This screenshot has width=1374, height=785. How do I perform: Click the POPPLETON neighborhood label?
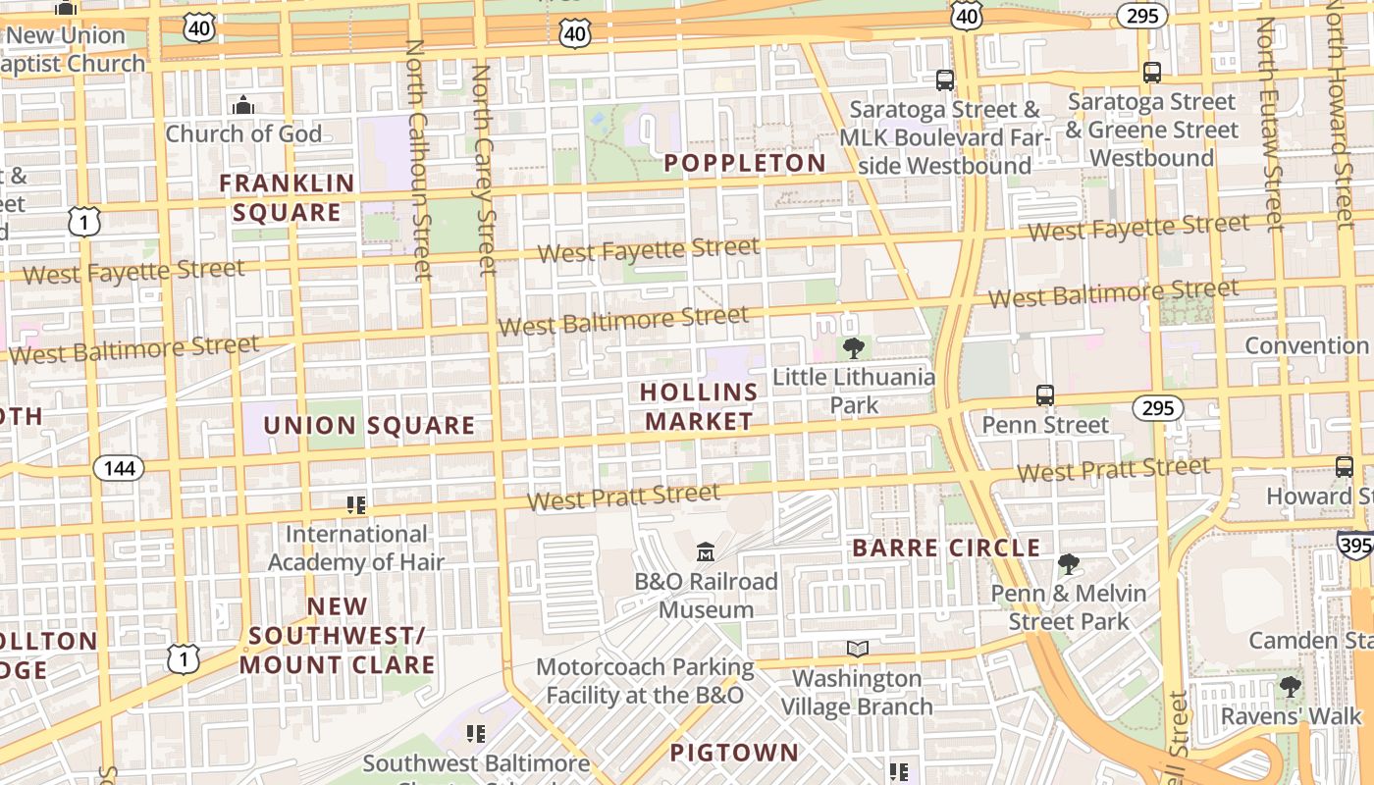745,163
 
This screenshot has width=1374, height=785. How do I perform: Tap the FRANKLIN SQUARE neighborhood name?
287,197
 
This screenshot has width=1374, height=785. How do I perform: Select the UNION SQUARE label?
369,425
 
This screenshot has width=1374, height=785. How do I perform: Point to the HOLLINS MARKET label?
699,406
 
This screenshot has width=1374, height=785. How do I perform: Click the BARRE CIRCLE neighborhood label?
946,548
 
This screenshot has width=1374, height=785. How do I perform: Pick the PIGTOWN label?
734,753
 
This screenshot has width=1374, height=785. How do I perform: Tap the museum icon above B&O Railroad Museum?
706,552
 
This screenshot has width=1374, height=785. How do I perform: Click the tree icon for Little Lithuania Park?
854,347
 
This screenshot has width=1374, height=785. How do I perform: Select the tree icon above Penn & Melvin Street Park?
1069,564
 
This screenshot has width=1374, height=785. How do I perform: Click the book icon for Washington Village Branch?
858,649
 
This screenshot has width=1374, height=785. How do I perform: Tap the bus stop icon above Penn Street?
1045,395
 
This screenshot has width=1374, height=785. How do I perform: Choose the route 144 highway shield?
120,468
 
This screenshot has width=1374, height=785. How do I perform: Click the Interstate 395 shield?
1355,544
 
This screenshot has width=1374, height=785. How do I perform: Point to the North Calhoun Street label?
418,159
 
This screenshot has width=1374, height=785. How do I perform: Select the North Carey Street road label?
484,169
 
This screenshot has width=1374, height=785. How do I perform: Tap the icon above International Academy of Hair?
356,505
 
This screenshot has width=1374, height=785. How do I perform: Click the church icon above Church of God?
242,105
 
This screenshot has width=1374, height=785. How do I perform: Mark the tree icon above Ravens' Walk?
1291,687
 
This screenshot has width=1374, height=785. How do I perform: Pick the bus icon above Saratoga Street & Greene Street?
1152,73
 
